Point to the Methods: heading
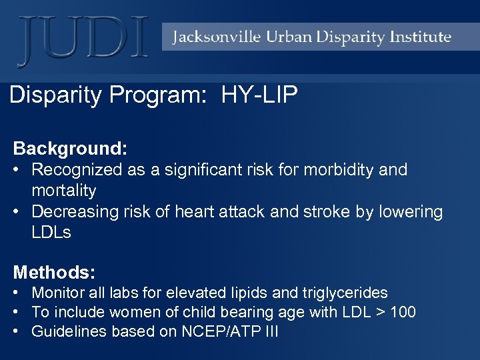55,272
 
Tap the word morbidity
340,169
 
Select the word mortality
64,191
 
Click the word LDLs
51,233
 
